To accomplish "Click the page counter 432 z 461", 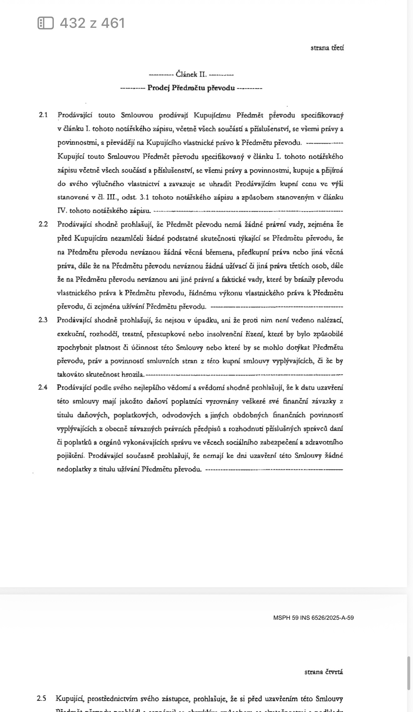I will coord(92,23).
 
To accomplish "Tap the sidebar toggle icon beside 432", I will coord(46,23).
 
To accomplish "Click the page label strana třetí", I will coord(327,48).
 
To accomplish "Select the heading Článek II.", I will coord(191,74).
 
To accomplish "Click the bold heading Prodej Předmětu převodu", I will coord(191,88).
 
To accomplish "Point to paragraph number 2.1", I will coord(43,115).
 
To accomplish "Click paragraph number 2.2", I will coord(43,224).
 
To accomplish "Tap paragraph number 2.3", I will coord(43,320).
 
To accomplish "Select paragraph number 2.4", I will coord(43,387).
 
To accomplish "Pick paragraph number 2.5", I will coord(41,699).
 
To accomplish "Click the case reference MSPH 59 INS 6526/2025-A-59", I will coord(313,618).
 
